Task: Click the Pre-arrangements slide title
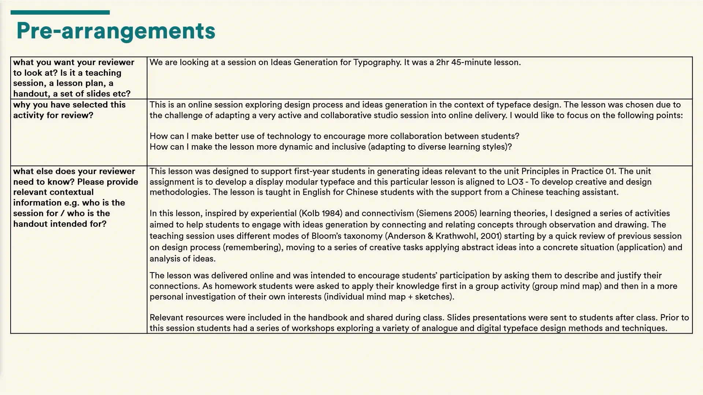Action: coord(116,31)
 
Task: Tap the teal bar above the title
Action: coord(60,12)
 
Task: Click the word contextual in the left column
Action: coord(73,192)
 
